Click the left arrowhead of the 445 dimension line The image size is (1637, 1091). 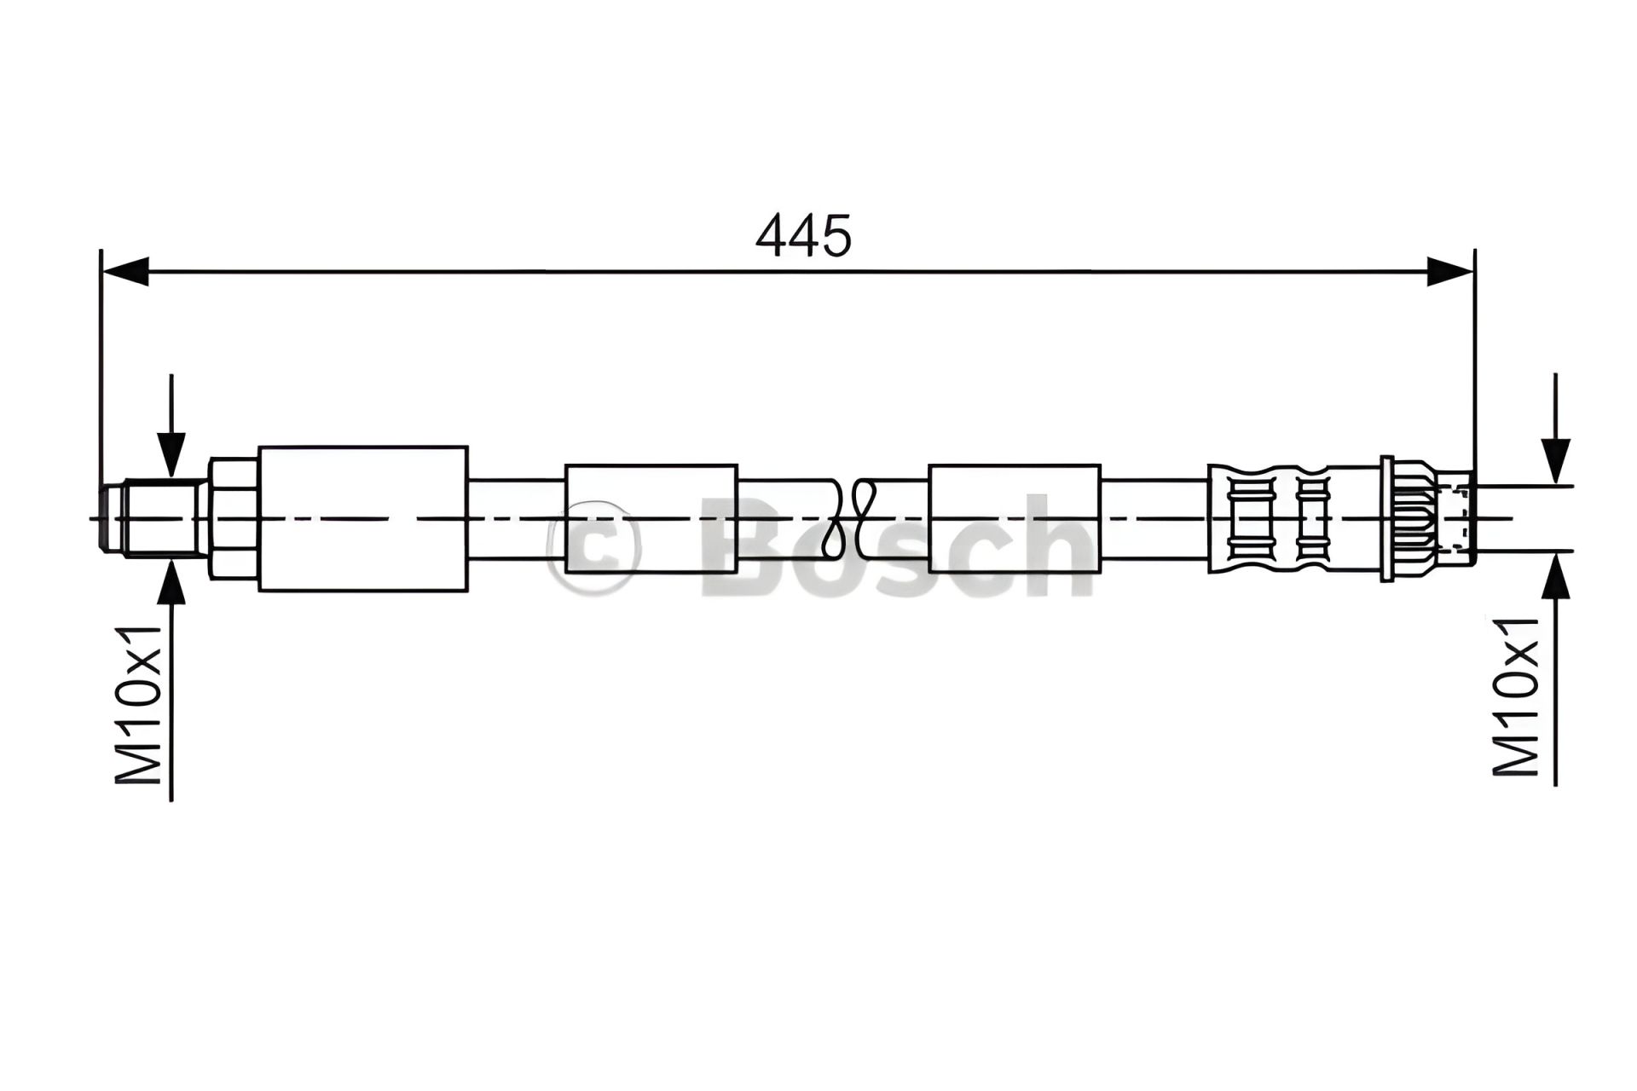click(124, 272)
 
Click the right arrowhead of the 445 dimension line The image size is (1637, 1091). click(1452, 272)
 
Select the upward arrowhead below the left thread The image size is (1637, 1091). click(171, 582)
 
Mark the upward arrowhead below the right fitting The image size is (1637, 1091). click(1556, 576)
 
